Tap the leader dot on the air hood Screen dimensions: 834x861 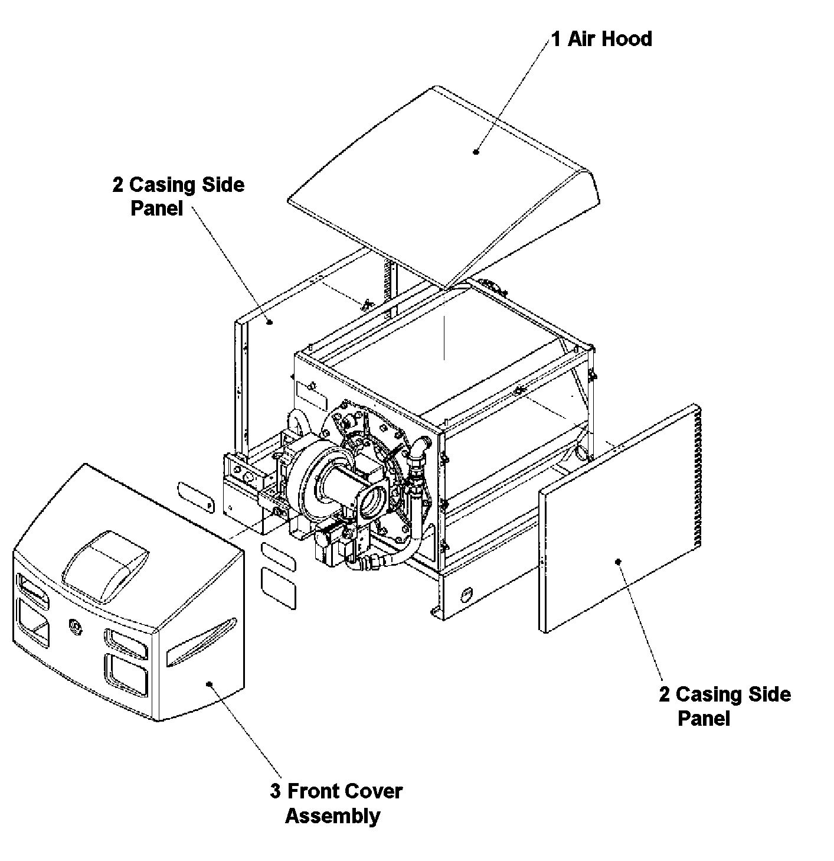[x=476, y=152]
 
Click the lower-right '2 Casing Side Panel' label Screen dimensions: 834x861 [x=725, y=706]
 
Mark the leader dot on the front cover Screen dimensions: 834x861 [x=210, y=684]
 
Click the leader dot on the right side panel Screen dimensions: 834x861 [x=619, y=562]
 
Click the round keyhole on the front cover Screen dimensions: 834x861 [x=76, y=626]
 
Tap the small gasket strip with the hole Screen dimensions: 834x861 [x=196, y=497]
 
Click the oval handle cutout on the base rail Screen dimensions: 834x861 [x=466, y=595]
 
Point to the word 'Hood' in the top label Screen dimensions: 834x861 [x=627, y=39]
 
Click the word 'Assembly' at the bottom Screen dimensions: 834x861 [x=332, y=816]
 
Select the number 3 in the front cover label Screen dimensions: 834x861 [x=275, y=791]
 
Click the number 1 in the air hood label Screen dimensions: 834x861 [x=556, y=39]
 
